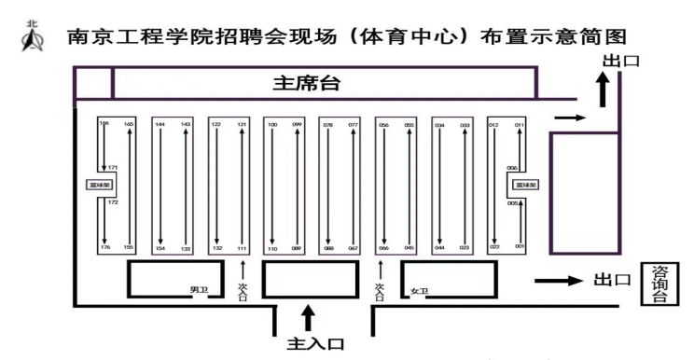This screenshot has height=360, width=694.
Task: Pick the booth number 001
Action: pos(520,246)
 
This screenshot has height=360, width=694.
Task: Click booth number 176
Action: pos(104,247)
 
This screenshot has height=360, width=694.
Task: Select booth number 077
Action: pos(354,124)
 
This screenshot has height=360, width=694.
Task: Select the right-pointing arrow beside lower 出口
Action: pos(559,279)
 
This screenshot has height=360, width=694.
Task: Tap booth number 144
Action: pos(160,124)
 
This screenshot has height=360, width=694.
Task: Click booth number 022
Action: pos(494,247)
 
